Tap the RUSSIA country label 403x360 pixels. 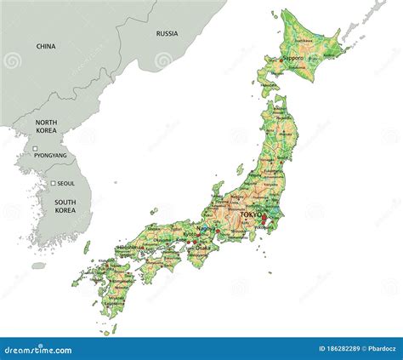pos(167,34)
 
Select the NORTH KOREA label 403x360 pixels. pos(46,128)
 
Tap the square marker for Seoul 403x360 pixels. pos(53,183)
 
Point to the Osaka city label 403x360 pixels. pos(202,248)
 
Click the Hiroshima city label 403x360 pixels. pos(130,248)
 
